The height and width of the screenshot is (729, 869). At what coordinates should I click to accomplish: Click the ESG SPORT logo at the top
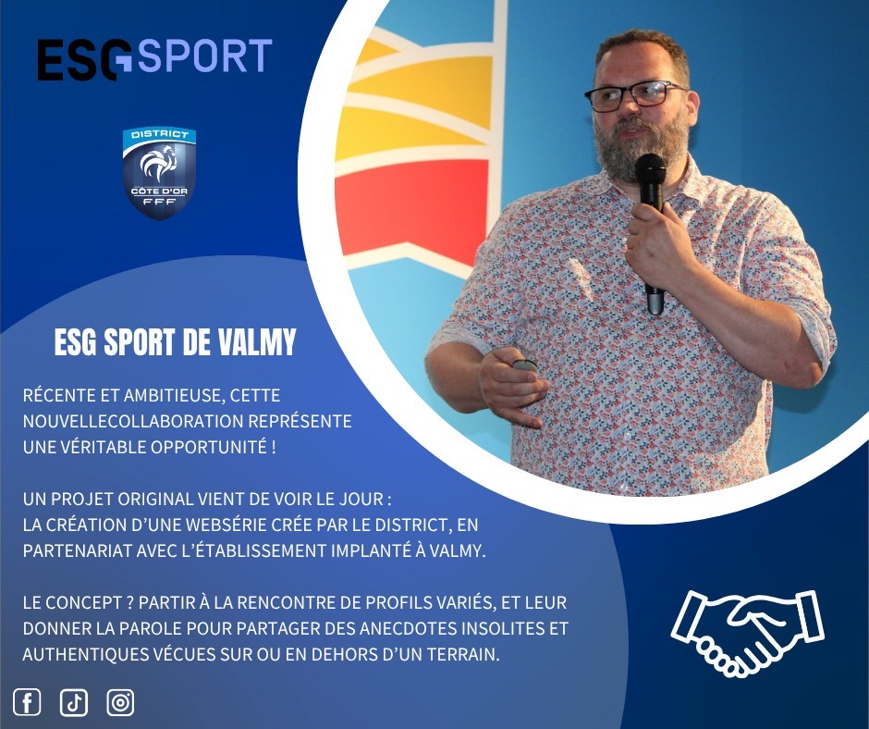(154, 59)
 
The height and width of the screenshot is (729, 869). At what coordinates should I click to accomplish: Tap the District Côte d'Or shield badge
(159, 173)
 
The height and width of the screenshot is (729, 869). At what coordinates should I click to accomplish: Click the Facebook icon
(27, 702)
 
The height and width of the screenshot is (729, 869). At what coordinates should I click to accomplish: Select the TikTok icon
(74, 702)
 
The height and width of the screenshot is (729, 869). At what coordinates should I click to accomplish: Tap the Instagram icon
(120, 702)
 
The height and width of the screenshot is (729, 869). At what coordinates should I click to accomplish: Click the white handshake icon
(748, 633)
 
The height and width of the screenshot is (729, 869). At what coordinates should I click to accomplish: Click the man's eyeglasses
(636, 95)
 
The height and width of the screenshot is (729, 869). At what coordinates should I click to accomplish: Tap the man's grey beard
(642, 145)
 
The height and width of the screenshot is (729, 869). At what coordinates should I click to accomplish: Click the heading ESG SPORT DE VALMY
(175, 341)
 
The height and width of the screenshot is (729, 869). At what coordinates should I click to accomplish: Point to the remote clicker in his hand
(523, 364)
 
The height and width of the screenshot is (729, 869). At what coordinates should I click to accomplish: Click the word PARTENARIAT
(78, 550)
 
